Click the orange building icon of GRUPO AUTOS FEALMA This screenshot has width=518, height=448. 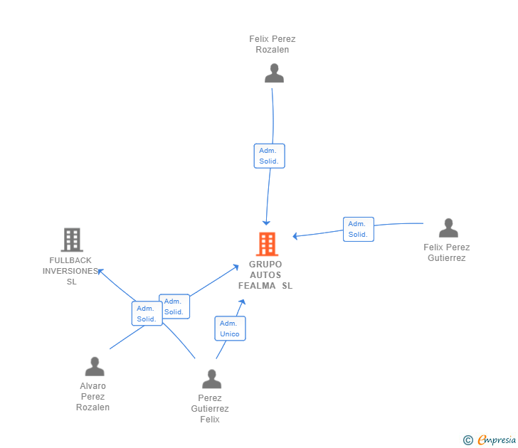(x=267, y=244)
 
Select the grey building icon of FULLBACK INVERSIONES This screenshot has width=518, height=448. (x=72, y=240)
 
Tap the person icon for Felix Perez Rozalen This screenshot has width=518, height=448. (x=274, y=73)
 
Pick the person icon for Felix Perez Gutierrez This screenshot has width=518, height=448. (x=448, y=228)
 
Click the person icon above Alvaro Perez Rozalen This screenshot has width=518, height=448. (x=95, y=366)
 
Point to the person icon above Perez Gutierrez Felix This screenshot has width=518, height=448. (x=212, y=379)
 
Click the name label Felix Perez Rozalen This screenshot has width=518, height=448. (x=273, y=44)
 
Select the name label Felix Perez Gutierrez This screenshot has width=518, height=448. (x=447, y=252)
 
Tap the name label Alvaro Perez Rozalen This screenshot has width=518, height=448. (x=92, y=397)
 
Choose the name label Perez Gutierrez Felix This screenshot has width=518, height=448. (x=210, y=409)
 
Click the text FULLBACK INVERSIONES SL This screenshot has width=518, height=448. (x=70, y=271)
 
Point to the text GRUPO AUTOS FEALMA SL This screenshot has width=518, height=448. (x=265, y=275)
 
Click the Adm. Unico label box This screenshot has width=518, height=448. (x=231, y=329)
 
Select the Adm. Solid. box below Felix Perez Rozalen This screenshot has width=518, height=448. (x=269, y=156)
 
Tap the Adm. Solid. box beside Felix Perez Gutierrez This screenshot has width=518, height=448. (x=359, y=229)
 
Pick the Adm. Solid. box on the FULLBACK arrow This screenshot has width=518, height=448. (x=147, y=314)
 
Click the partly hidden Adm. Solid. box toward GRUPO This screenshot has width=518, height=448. (x=176, y=306)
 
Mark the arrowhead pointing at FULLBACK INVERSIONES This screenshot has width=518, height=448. (x=100, y=272)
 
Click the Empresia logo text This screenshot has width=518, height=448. (x=497, y=439)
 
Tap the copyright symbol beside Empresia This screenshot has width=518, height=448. (x=467, y=440)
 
